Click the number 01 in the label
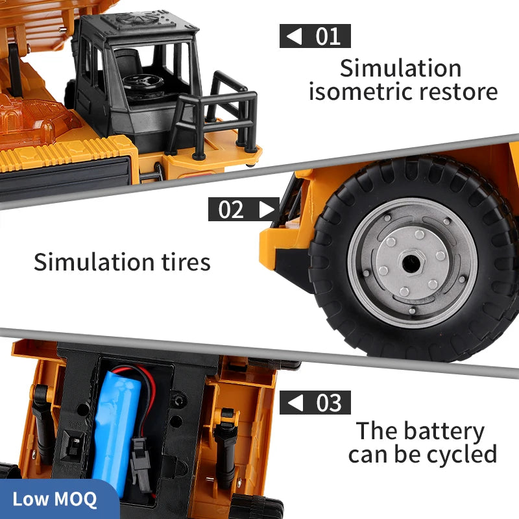pos(328,36)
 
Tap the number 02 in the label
pos(231,210)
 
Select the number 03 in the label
pos(328,403)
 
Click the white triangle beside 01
pos(294,36)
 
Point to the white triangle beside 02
pos(267,209)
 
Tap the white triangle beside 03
pos(295,402)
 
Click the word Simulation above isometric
pos(400,68)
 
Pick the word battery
pos(444,431)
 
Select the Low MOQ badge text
pos(54,499)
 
